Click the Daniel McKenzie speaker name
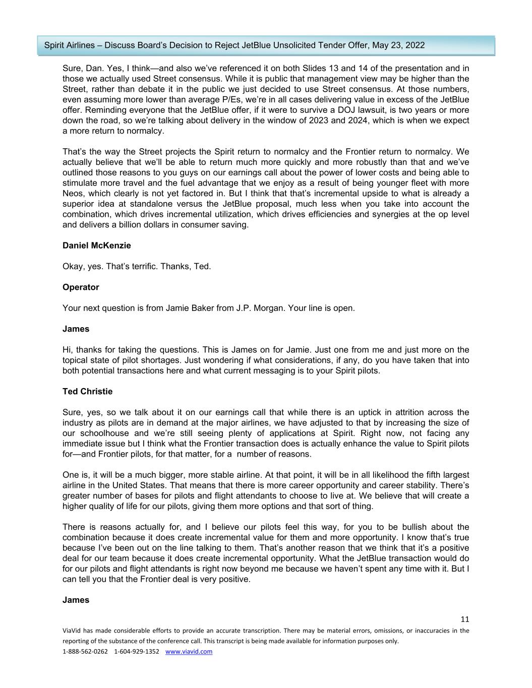coord(96,245)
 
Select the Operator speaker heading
coord(81,287)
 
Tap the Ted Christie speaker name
coord(87,391)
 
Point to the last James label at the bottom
coord(76,600)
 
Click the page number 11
coord(464,619)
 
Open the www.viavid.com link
coord(189,651)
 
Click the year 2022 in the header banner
coord(415,45)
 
